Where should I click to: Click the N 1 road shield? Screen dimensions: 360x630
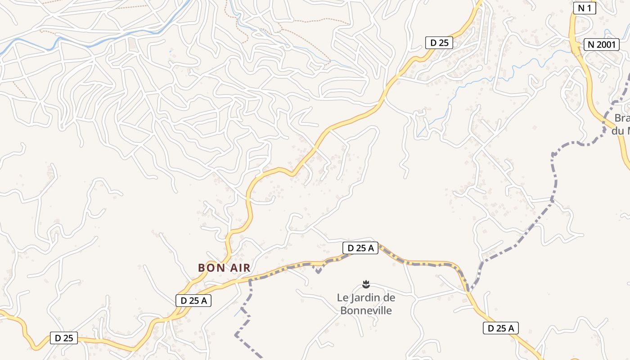point(585,8)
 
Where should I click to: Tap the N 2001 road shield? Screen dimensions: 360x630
point(602,45)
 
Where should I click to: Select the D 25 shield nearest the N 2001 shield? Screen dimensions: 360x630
point(439,43)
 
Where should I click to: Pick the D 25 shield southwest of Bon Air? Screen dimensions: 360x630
point(64,338)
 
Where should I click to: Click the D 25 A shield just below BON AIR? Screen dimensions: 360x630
point(193,301)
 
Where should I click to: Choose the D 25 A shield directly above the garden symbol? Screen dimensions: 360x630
point(360,248)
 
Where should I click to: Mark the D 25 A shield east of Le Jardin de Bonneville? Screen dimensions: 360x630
point(501,328)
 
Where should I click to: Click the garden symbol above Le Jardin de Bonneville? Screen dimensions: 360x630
point(365,284)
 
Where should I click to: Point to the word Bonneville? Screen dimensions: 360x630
point(366,310)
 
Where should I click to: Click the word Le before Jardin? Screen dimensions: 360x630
point(343,298)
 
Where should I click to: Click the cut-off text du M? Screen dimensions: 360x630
point(621,131)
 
